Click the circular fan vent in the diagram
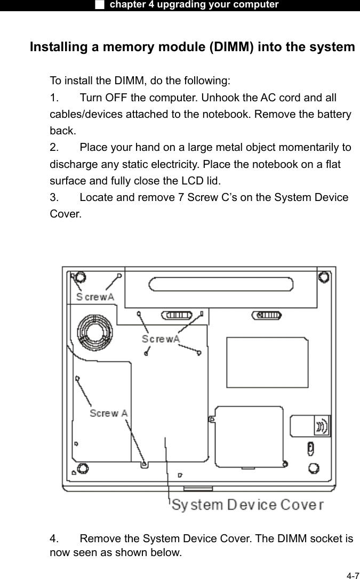tap(94, 332)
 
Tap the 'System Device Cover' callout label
tap(247, 504)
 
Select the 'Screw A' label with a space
tap(108, 413)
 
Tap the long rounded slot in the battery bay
tap(221, 283)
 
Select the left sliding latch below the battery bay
tap(179, 315)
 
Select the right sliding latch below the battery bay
tap(265, 315)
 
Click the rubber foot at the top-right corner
tap(322, 278)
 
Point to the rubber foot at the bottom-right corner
tap(315, 469)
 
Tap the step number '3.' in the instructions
tap(54, 197)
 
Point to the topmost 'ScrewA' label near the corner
tap(95, 297)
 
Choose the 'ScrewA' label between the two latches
tap(161, 339)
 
